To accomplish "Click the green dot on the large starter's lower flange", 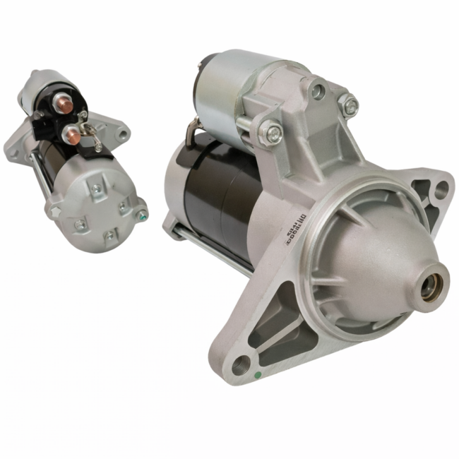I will (x=258, y=374).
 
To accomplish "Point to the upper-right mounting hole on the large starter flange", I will (x=441, y=189).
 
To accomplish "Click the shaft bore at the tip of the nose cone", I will (x=431, y=285).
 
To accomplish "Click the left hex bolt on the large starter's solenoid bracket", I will (x=268, y=131).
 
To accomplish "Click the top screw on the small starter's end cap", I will (x=96, y=188).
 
